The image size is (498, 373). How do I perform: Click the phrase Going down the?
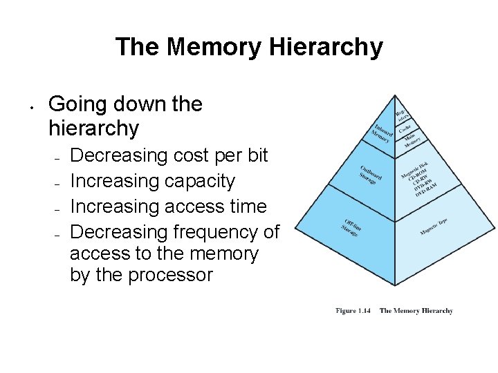click(x=125, y=104)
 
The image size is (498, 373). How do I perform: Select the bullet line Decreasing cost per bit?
click(x=169, y=155)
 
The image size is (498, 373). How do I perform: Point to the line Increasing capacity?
click(x=153, y=181)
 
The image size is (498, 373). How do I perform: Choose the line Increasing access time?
click(x=168, y=206)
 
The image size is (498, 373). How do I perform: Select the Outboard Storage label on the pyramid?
click(x=369, y=173)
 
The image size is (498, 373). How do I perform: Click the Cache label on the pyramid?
click(x=406, y=128)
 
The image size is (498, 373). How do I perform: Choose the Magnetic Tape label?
click(x=433, y=227)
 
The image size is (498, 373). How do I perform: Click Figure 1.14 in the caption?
click(x=353, y=311)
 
